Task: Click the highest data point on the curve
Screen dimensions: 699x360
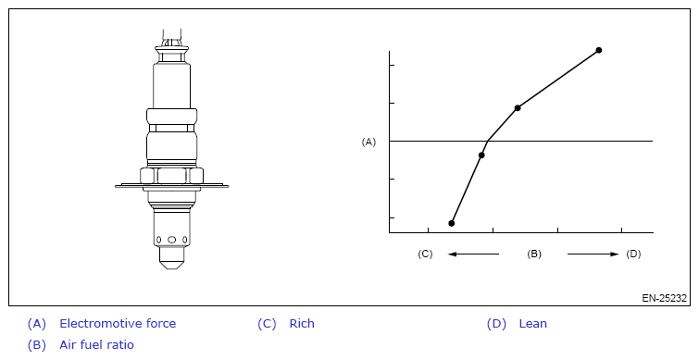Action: tap(599, 50)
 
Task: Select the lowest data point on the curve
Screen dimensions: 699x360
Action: tap(452, 223)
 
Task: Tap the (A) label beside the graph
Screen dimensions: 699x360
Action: tap(368, 142)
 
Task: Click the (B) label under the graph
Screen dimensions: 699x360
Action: tap(534, 254)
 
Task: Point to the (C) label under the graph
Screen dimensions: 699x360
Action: tap(425, 254)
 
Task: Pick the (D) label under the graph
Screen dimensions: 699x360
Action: tap(633, 254)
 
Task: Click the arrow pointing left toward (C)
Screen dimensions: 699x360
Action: tap(473, 254)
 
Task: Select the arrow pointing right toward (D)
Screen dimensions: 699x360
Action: tap(593, 254)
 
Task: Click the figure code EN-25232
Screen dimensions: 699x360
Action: tap(664, 298)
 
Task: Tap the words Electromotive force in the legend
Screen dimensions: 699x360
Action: tap(118, 324)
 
